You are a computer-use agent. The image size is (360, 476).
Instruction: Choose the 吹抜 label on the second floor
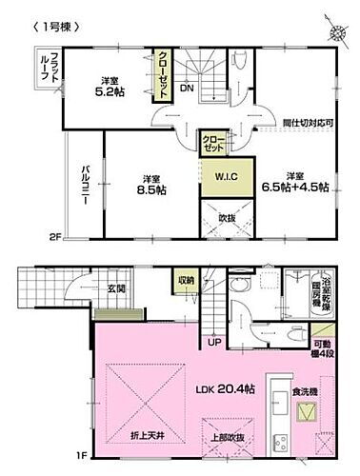[215, 219]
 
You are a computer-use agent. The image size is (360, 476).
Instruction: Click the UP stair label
[215, 342]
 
